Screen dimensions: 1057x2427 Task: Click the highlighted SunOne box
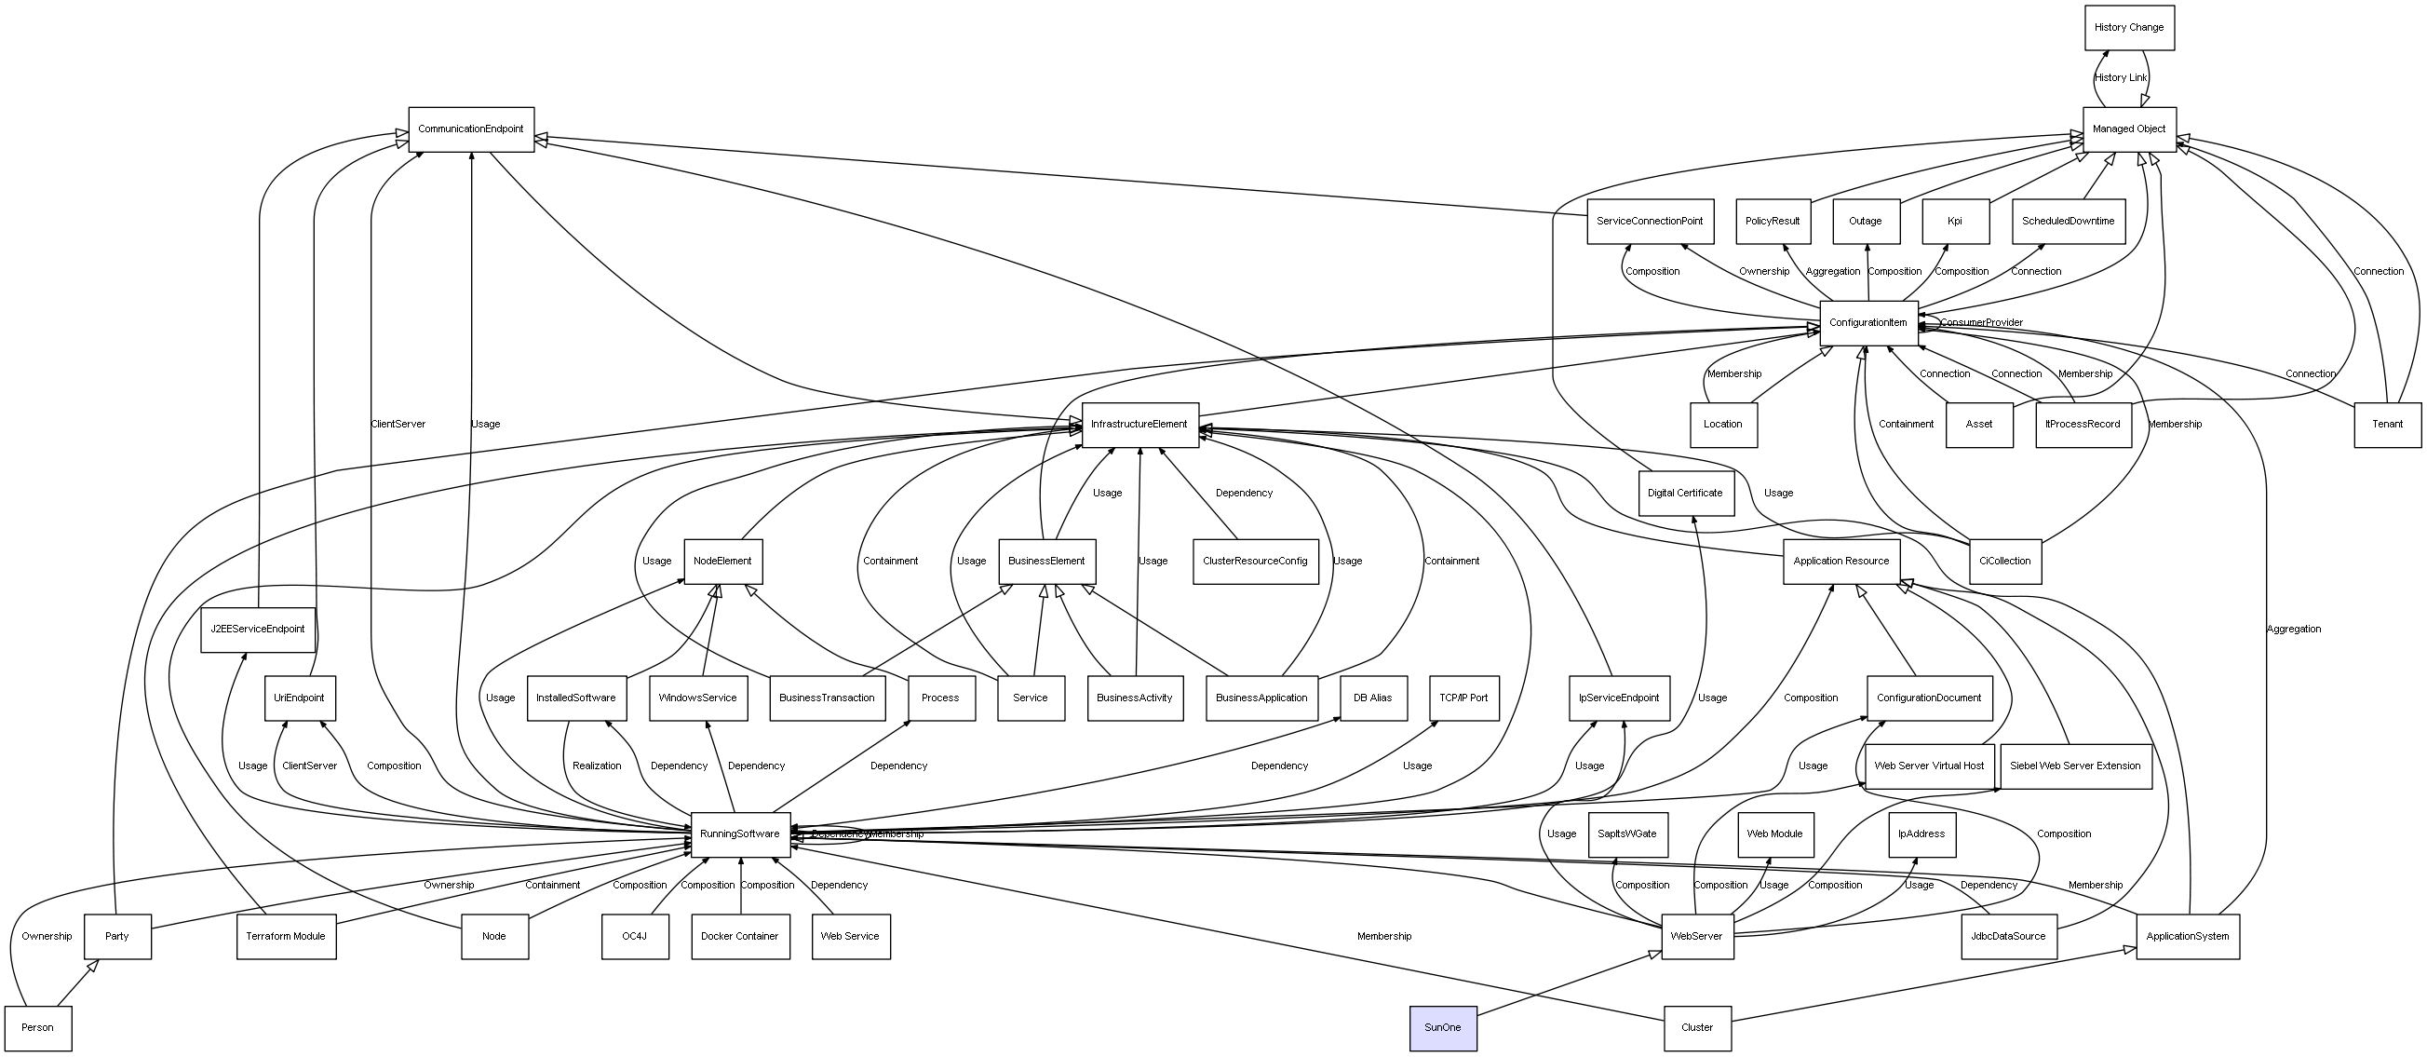pyautogui.click(x=1442, y=1028)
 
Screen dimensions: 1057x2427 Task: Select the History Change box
pyautogui.click(x=2128, y=27)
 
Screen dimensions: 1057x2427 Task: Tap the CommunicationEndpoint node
pyautogui.click(x=471, y=129)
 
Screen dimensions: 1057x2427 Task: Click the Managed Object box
pyautogui.click(x=2128, y=129)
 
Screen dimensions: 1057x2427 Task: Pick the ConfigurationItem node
pyautogui.click(x=1867, y=323)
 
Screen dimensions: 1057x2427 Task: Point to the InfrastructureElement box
pyautogui.click(x=1139, y=425)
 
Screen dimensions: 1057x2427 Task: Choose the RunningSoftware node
pyautogui.click(x=739, y=834)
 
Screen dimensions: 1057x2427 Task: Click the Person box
pyautogui.click(x=37, y=1028)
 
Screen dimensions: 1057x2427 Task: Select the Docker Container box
pyautogui.click(x=739, y=937)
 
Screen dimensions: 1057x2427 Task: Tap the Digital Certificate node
pyautogui.click(x=1685, y=494)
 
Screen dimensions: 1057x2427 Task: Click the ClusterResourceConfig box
pyautogui.click(x=1255, y=562)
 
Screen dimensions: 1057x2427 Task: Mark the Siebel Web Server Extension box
pyautogui.click(x=2074, y=766)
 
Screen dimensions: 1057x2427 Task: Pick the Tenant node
pyautogui.click(x=2386, y=425)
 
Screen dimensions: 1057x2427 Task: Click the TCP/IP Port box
pyautogui.click(x=1463, y=698)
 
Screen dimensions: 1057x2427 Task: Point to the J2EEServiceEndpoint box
pyautogui.click(x=257, y=630)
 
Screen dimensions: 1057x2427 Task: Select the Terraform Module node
pyautogui.click(x=286, y=937)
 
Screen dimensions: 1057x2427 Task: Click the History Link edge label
pyautogui.click(x=2121, y=78)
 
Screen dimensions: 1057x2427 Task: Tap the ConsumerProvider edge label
pyautogui.click(x=1981, y=323)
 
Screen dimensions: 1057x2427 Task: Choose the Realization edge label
pyautogui.click(x=597, y=766)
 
